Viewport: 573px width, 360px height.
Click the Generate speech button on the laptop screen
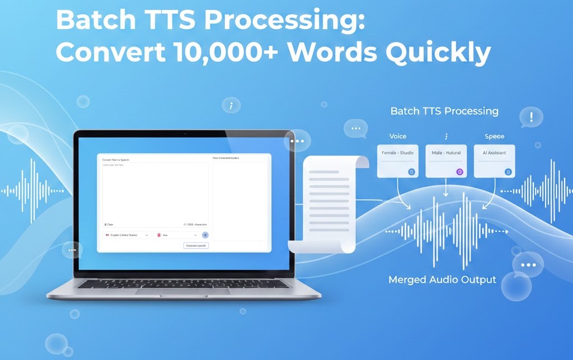click(x=196, y=246)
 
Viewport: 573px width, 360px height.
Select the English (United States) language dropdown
click(x=127, y=235)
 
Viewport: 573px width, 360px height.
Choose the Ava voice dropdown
click(x=177, y=235)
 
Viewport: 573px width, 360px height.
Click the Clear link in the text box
click(x=109, y=225)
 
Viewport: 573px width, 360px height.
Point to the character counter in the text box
click(x=195, y=225)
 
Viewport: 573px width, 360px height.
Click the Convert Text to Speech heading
click(x=116, y=160)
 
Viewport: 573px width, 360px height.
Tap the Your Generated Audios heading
click(x=226, y=158)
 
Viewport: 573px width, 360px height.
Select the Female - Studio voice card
click(x=398, y=161)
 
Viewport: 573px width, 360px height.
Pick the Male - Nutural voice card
click(x=445, y=161)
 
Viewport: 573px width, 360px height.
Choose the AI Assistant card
click(x=494, y=161)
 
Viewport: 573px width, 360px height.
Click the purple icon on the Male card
click(x=460, y=172)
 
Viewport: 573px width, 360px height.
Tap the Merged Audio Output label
click(x=442, y=279)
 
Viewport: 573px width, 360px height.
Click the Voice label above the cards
click(x=397, y=136)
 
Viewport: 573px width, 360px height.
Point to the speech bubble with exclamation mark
click(x=530, y=117)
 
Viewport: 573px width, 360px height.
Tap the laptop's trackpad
click(x=183, y=291)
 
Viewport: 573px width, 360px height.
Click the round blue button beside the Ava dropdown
click(x=205, y=235)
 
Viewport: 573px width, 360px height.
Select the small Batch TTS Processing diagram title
click(x=444, y=111)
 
